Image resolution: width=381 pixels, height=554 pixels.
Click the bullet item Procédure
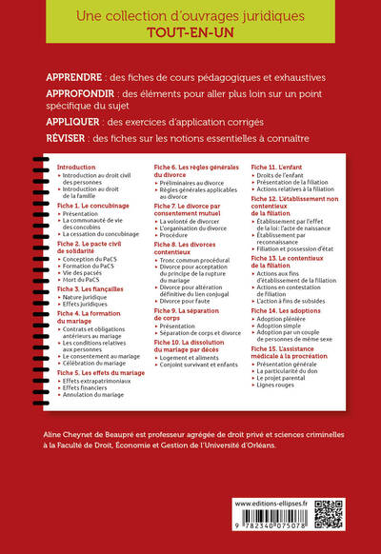pyautogui.click(x=177, y=234)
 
